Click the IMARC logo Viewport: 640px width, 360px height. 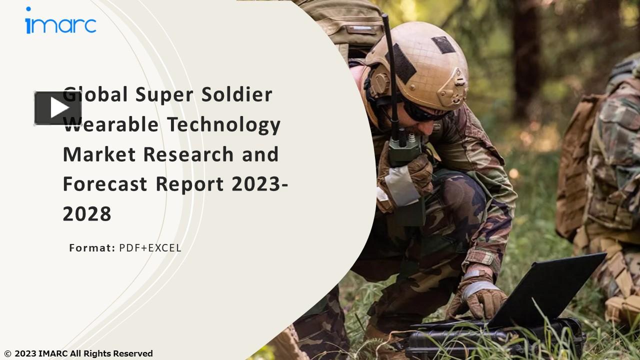pyautogui.click(x=60, y=22)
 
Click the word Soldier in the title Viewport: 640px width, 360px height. pyautogui.click(x=237, y=94)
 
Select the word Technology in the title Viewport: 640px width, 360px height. pyautogui.click(x=224, y=124)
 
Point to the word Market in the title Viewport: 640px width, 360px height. pyautogui.click(x=99, y=154)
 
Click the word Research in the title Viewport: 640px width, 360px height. pyautogui.click(x=188, y=154)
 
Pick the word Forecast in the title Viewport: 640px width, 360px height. pyautogui.click(x=105, y=184)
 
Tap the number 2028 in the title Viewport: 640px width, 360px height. pyautogui.click(x=87, y=214)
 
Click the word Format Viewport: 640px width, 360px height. pyautogui.click(x=92, y=247)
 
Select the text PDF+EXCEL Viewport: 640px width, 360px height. pyautogui.click(x=150, y=247)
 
